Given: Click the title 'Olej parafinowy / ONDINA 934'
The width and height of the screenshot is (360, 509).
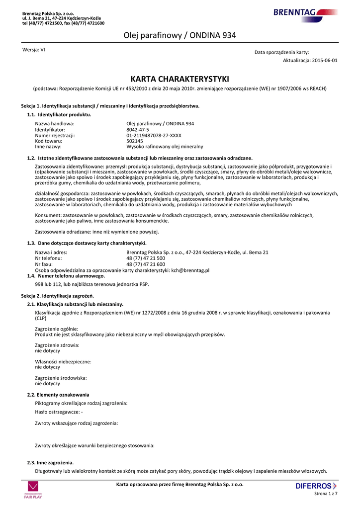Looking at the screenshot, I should click(180, 35).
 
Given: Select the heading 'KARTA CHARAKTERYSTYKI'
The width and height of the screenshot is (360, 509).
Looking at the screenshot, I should click(180, 79).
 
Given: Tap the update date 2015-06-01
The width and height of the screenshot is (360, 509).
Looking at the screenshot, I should click(325, 60).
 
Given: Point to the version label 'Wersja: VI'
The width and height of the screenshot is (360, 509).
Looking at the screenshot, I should click(34, 50).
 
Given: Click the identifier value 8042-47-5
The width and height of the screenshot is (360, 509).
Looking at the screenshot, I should click(138, 129).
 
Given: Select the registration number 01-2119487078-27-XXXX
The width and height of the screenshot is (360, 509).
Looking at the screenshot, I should click(154, 135).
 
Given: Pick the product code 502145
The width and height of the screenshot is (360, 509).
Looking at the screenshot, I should click(134, 141).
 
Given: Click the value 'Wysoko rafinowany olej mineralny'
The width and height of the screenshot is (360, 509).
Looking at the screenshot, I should click(165, 147).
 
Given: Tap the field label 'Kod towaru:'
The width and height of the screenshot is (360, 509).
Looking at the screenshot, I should click(48, 141).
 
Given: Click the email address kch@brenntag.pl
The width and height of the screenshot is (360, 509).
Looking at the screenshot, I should click(190, 270).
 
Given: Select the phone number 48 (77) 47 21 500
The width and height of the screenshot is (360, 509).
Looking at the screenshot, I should click(146, 258).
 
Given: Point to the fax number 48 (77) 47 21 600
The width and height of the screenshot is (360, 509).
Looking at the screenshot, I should click(146, 264).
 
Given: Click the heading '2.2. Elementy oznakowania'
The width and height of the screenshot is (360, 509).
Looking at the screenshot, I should click(58, 395).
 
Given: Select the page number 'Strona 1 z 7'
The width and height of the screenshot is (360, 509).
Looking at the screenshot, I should click(326, 494).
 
